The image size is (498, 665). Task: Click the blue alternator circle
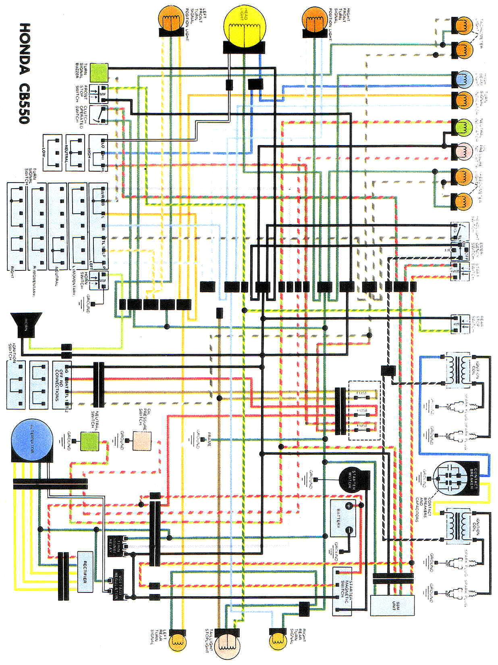point(32,441)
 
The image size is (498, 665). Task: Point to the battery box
point(343,517)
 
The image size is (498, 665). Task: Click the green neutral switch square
point(89,441)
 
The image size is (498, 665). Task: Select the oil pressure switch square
point(142,441)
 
